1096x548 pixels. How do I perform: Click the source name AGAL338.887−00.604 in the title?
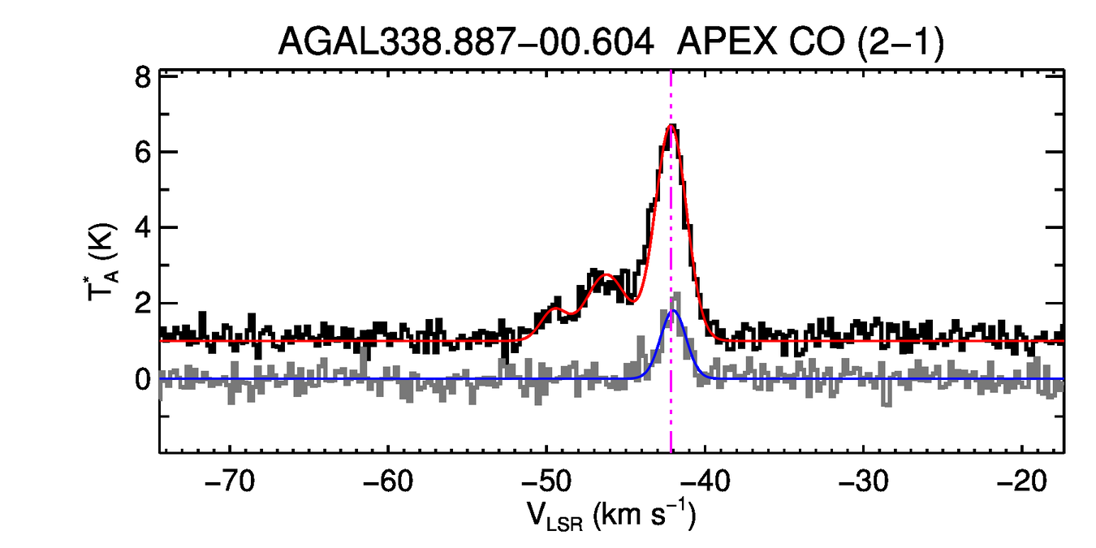[466, 41]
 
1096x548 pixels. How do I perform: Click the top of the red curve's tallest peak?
[671, 126]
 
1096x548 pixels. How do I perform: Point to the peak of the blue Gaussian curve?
[671, 311]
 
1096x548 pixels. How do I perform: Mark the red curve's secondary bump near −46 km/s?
[606, 276]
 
